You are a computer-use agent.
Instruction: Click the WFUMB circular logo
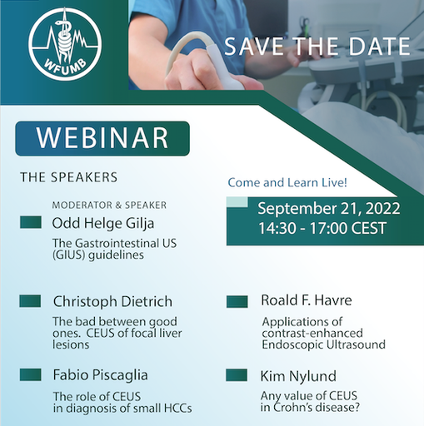(x=65, y=44)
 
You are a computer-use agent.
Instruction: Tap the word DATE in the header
(x=379, y=46)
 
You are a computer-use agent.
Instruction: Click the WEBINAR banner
(x=102, y=138)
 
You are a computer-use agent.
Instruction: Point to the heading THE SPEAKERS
(x=68, y=177)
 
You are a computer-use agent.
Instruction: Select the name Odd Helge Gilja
(x=103, y=224)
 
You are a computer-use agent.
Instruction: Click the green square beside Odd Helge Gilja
(x=31, y=222)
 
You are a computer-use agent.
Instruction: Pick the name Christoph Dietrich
(x=112, y=301)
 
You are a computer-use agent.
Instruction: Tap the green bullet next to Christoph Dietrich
(x=30, y=301)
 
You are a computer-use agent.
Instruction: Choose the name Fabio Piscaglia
(x=100, y=375)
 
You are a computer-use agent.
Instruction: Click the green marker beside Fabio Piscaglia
(x=31, y=374)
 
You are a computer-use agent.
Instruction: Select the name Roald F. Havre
(x=307, y=300)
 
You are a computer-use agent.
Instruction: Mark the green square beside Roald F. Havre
(x=237, y=301)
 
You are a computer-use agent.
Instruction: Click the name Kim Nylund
(x=298, y=376)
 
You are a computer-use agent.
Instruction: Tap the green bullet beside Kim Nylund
(x=237, y=375)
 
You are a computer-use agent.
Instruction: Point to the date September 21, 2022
(x=329, y=209)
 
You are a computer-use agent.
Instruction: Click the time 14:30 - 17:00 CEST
(x=322, y=228)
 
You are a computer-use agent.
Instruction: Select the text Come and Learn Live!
(x=287, y=183)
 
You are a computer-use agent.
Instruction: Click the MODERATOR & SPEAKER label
(x=109, y=206)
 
